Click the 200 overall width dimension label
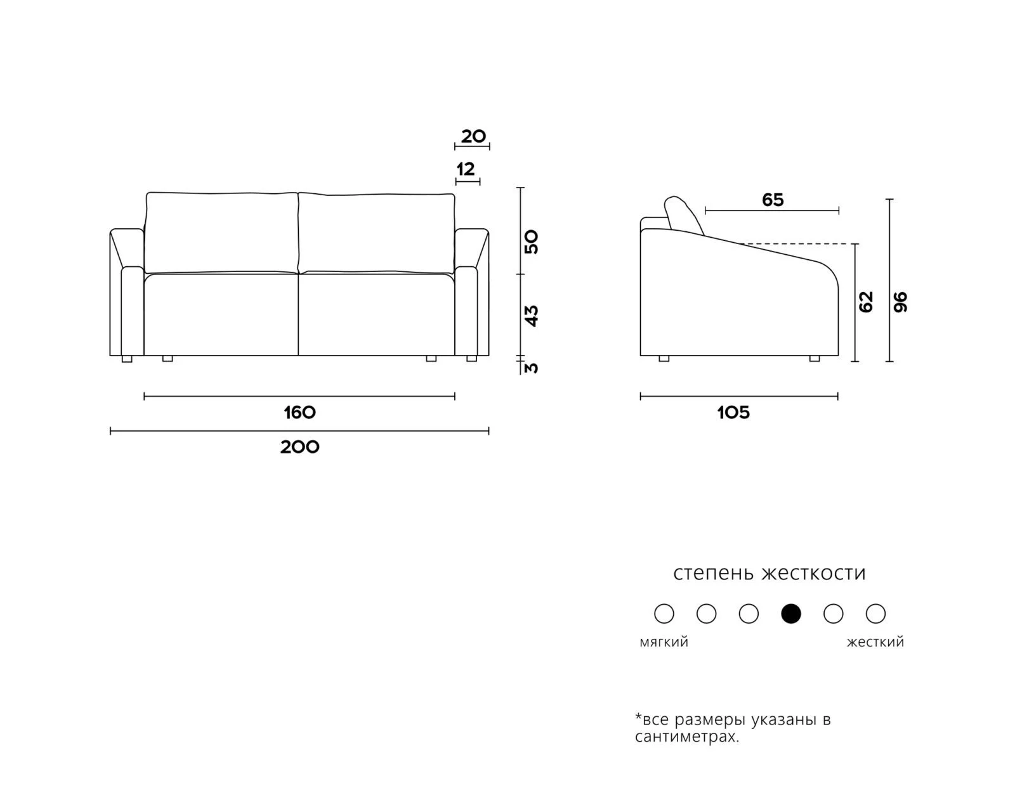click(x=299, y=447)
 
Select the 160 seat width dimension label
click(x=299, y=413)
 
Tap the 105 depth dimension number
click(x=733, y=413)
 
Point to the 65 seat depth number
click(x=773, y=200)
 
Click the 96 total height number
click(x=900, y=302)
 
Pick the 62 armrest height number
click(x=866, y=302)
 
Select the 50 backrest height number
click(x=531, y=242)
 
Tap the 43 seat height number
click(x=531, y=316)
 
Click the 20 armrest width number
click(x=473, y=136)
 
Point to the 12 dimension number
click(x=466, y=169)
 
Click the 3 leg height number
click(x=531, y=368)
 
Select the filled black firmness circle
click(x=791, y=614)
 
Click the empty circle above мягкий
click(x=664, y=614)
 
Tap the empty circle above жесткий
click(x=876, y=614)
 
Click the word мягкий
click(x=664, y=642)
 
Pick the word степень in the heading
click(x=713, y=574)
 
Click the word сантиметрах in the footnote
click(x=686, y=737)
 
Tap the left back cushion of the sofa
click(x=221, y=233)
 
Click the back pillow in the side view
click(x=683, y=216)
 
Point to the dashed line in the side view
click(x=799, y=244)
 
